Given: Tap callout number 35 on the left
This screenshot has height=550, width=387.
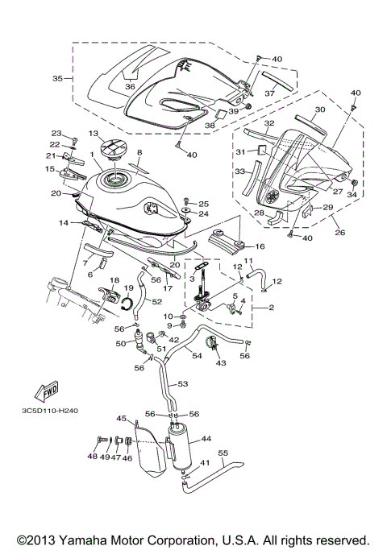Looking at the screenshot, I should coord(57,79).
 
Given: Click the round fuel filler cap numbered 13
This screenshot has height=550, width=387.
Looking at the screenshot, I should coord(107,151).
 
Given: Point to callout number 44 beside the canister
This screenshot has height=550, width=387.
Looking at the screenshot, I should coord(206,439).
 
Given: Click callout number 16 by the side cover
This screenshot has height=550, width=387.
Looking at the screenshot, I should coord(260,247).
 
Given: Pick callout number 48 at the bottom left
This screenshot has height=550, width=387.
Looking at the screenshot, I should coord(91,456).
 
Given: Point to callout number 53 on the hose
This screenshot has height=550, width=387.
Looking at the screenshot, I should coord(182,384).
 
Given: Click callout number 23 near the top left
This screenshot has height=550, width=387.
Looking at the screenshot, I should coord(56,134).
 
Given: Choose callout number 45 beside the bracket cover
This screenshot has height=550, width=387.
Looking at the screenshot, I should coord(122,419).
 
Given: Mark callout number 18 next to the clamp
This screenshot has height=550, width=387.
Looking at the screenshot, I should coord(114,280).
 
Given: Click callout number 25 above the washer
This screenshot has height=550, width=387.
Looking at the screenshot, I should coord(203,204).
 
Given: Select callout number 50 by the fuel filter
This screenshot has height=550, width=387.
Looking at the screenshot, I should coord(120,343).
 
